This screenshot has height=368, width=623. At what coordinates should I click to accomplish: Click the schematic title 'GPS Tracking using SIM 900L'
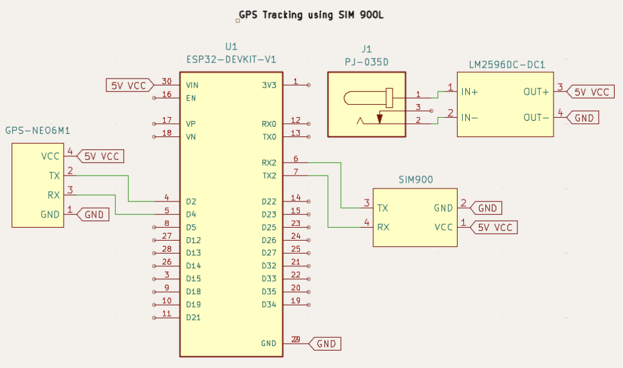click(x=311, y=15)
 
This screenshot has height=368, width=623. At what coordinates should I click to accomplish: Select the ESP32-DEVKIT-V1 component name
click(x=231, y=60)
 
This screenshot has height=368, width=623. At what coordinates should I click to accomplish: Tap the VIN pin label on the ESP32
click(x=192, y=86)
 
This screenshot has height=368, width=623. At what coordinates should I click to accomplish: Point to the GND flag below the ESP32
click(x=324, y=344)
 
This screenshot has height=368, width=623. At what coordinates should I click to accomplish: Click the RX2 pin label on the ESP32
click(x=269, y=163)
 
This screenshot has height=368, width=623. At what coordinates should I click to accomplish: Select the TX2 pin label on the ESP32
click(x=270, y=176)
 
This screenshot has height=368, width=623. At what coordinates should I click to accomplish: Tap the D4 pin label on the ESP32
click(x=191, y=215)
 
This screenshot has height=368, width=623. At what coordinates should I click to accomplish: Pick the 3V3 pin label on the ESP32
click(x=269, y=86)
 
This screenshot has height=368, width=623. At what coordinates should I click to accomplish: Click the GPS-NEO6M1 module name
click(x=38, y=131)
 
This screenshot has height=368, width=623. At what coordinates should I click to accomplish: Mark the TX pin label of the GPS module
click(x=54, y=176)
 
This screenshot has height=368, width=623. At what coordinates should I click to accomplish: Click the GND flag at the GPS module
click(x=93, y=215)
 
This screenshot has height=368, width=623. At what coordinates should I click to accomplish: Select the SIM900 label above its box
click(x=416, y=180)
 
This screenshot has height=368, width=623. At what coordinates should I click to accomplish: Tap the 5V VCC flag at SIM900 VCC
click(x=494, y=228)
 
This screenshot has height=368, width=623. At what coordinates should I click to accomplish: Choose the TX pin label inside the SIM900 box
click(x=383, y=208)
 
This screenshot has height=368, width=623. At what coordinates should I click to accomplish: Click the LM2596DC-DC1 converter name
click(x=507, y=65)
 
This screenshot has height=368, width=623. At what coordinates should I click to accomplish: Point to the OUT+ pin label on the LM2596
click(x=536, y=92)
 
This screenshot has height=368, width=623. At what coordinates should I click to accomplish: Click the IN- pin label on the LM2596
click(x=469, y=118)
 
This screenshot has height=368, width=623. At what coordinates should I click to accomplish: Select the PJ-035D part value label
click(x=366, y=62)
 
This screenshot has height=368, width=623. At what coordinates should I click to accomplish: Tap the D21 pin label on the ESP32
click(x=193, y=318)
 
